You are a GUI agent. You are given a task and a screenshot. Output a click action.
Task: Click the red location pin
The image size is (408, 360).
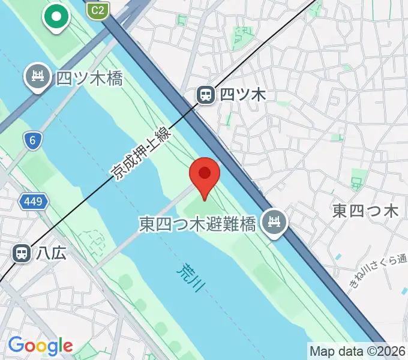tap(205, 175)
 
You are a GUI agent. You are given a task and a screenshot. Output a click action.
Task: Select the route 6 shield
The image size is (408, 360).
tap(33, 141)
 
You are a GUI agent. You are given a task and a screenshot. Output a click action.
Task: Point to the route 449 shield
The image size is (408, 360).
tap(33, 202)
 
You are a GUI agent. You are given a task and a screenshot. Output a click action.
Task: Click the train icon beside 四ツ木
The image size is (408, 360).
tap(206, 94)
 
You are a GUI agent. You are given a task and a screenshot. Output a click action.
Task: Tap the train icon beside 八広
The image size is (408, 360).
tap(22, 253)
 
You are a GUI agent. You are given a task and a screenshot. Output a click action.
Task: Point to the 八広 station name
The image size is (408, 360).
tap(51, 253)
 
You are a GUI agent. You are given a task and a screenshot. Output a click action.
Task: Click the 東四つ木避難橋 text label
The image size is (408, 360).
tap(198, 224)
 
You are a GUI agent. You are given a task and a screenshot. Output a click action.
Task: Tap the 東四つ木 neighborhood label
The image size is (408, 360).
tap(366, 211)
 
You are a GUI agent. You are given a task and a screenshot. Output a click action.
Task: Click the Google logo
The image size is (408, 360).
tap(40, 346)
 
